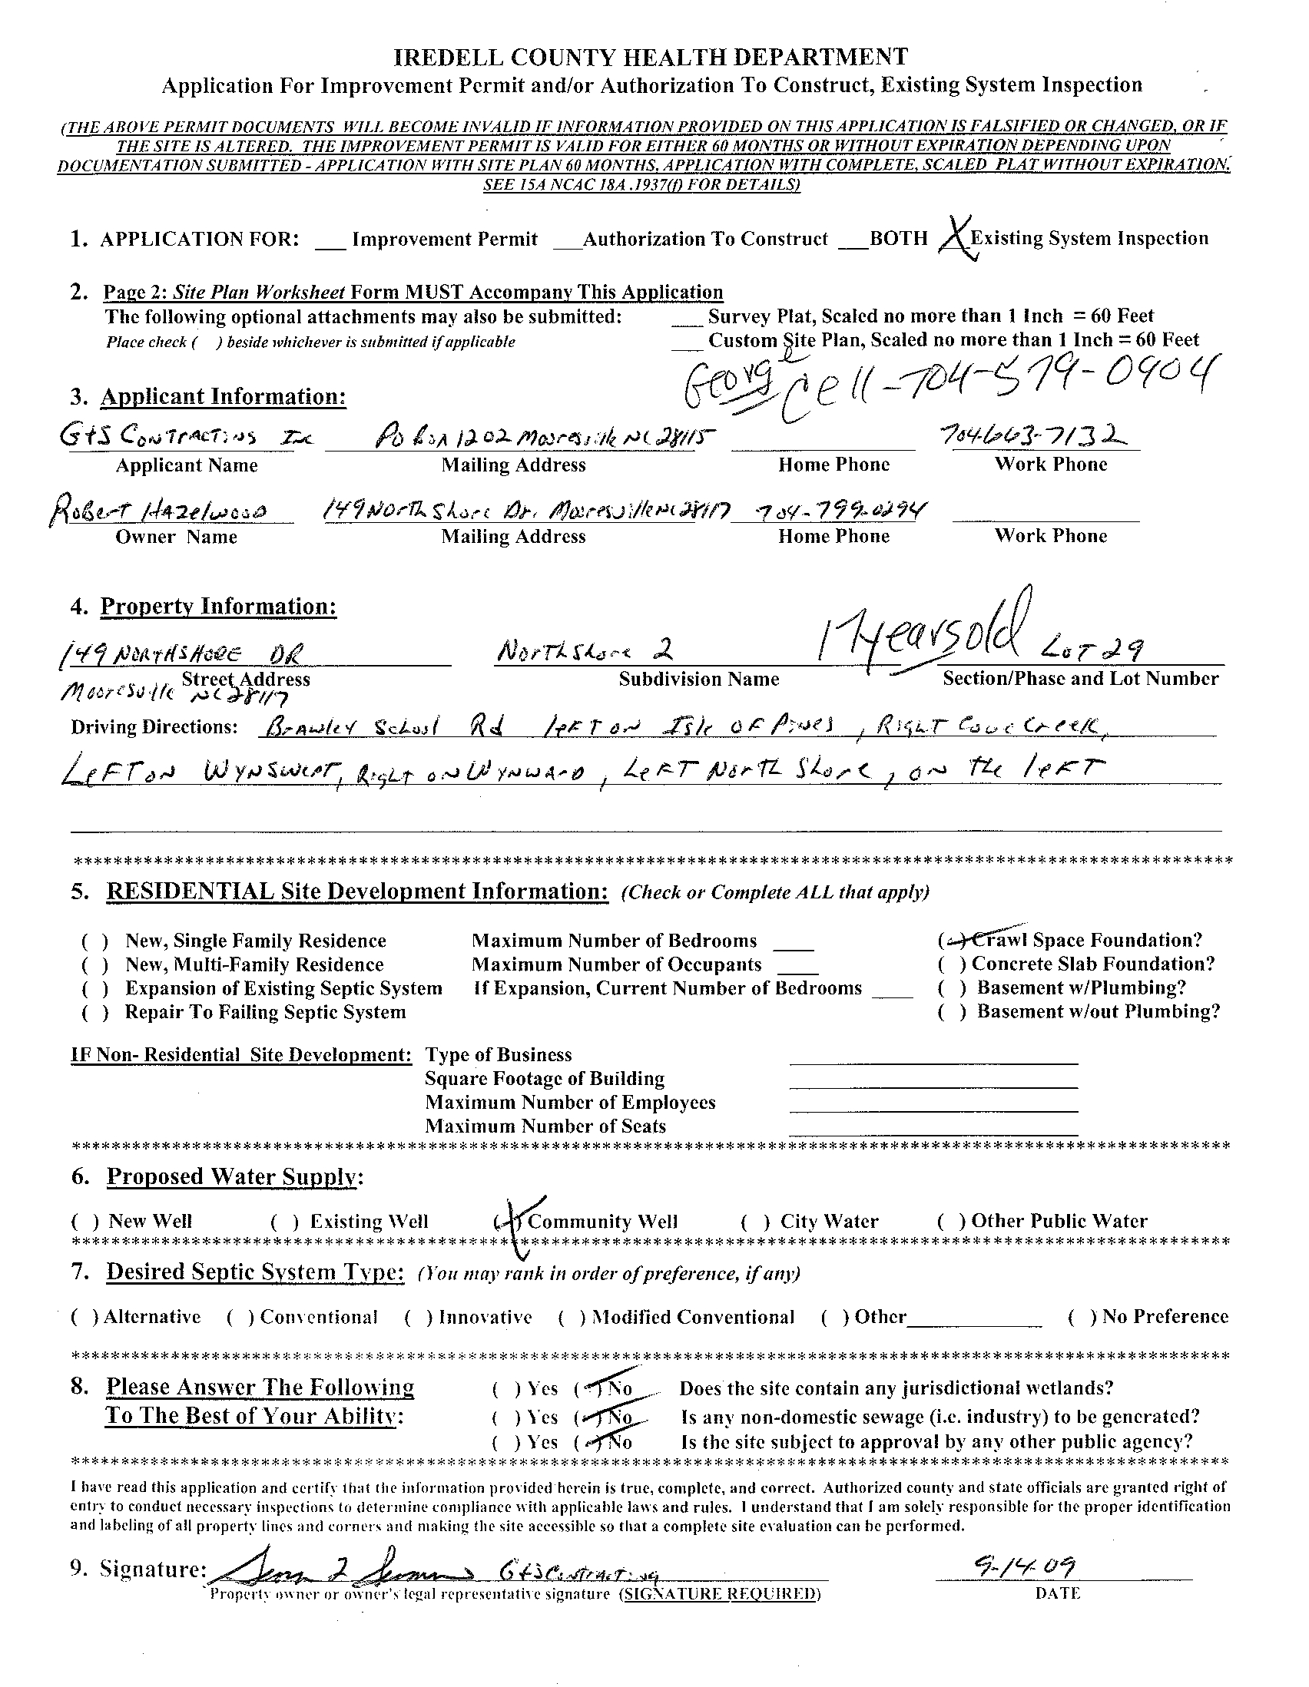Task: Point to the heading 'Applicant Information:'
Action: pos(224,396)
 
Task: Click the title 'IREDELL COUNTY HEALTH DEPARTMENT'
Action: pos(651,56)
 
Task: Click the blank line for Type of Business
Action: pos(933,1059)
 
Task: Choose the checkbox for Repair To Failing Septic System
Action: pos(95,1013)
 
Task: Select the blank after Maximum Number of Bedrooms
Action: pos(793,944)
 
